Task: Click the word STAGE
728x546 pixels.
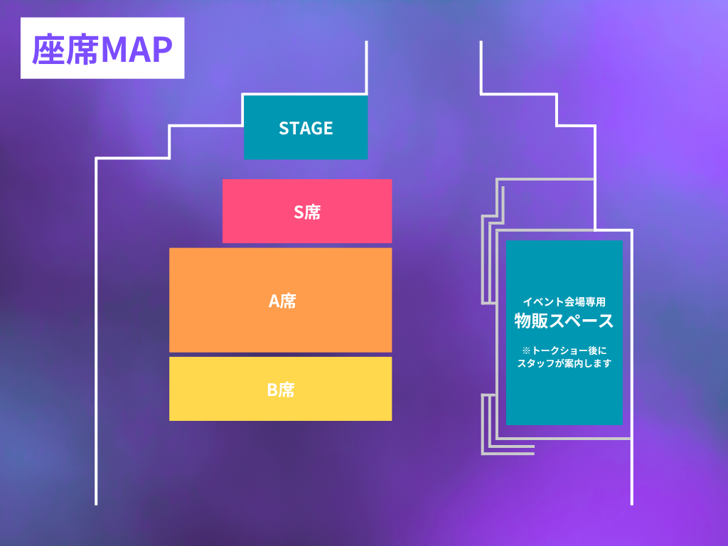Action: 306,128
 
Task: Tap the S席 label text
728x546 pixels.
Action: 307,212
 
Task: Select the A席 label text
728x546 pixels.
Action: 282,301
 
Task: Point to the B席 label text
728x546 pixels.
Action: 281,390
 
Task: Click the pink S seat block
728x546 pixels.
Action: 307,210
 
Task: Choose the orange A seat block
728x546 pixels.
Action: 280,300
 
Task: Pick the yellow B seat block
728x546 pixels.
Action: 280,389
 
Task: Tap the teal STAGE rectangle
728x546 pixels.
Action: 306,127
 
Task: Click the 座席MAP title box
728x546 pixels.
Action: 102,48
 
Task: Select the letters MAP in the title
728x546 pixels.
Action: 136,49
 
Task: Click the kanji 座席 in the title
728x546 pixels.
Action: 65,49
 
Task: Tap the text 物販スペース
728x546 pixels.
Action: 564,321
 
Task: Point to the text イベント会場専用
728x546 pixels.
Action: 564,301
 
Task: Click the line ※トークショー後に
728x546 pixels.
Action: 564,350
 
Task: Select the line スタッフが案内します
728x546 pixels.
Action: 564,363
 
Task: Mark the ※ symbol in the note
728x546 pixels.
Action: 526,350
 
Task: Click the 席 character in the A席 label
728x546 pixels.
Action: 289,301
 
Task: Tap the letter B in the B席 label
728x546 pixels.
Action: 273,390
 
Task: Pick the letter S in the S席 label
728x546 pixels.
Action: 299,212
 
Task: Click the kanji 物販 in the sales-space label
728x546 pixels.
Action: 531,321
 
